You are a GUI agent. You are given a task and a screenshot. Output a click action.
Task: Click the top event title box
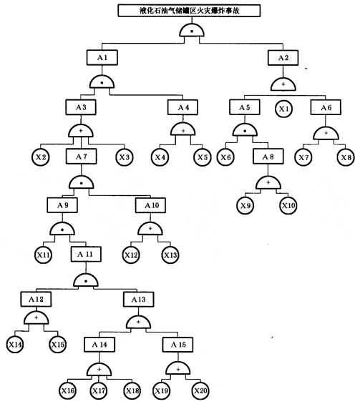189,11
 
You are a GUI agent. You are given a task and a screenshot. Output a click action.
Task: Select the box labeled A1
102,57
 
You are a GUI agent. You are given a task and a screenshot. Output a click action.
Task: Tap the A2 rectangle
283,58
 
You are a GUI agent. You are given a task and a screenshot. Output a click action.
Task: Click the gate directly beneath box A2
283,84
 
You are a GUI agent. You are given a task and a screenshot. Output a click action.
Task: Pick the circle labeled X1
283,109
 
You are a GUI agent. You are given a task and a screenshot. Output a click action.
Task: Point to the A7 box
81,157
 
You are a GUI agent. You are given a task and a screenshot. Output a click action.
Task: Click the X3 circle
125,157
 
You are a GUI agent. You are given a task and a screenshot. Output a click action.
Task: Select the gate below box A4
183,129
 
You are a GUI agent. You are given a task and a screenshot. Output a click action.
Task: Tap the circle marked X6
225,157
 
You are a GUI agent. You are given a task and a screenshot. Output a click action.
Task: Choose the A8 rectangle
268,157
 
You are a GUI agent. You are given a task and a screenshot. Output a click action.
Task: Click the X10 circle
288,206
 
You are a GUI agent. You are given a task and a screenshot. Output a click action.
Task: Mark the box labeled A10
150,205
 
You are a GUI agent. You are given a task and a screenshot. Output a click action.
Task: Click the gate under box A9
62,229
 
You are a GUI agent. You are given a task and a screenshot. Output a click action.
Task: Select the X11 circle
43,255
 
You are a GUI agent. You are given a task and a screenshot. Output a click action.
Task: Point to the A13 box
138,300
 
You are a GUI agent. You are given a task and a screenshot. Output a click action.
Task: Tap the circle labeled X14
15,345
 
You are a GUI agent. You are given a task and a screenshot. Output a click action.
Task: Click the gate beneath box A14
99,370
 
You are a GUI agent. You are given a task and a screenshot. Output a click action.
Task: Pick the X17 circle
99,391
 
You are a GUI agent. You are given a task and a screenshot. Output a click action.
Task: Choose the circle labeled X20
200,391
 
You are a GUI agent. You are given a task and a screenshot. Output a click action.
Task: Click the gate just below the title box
192,31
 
